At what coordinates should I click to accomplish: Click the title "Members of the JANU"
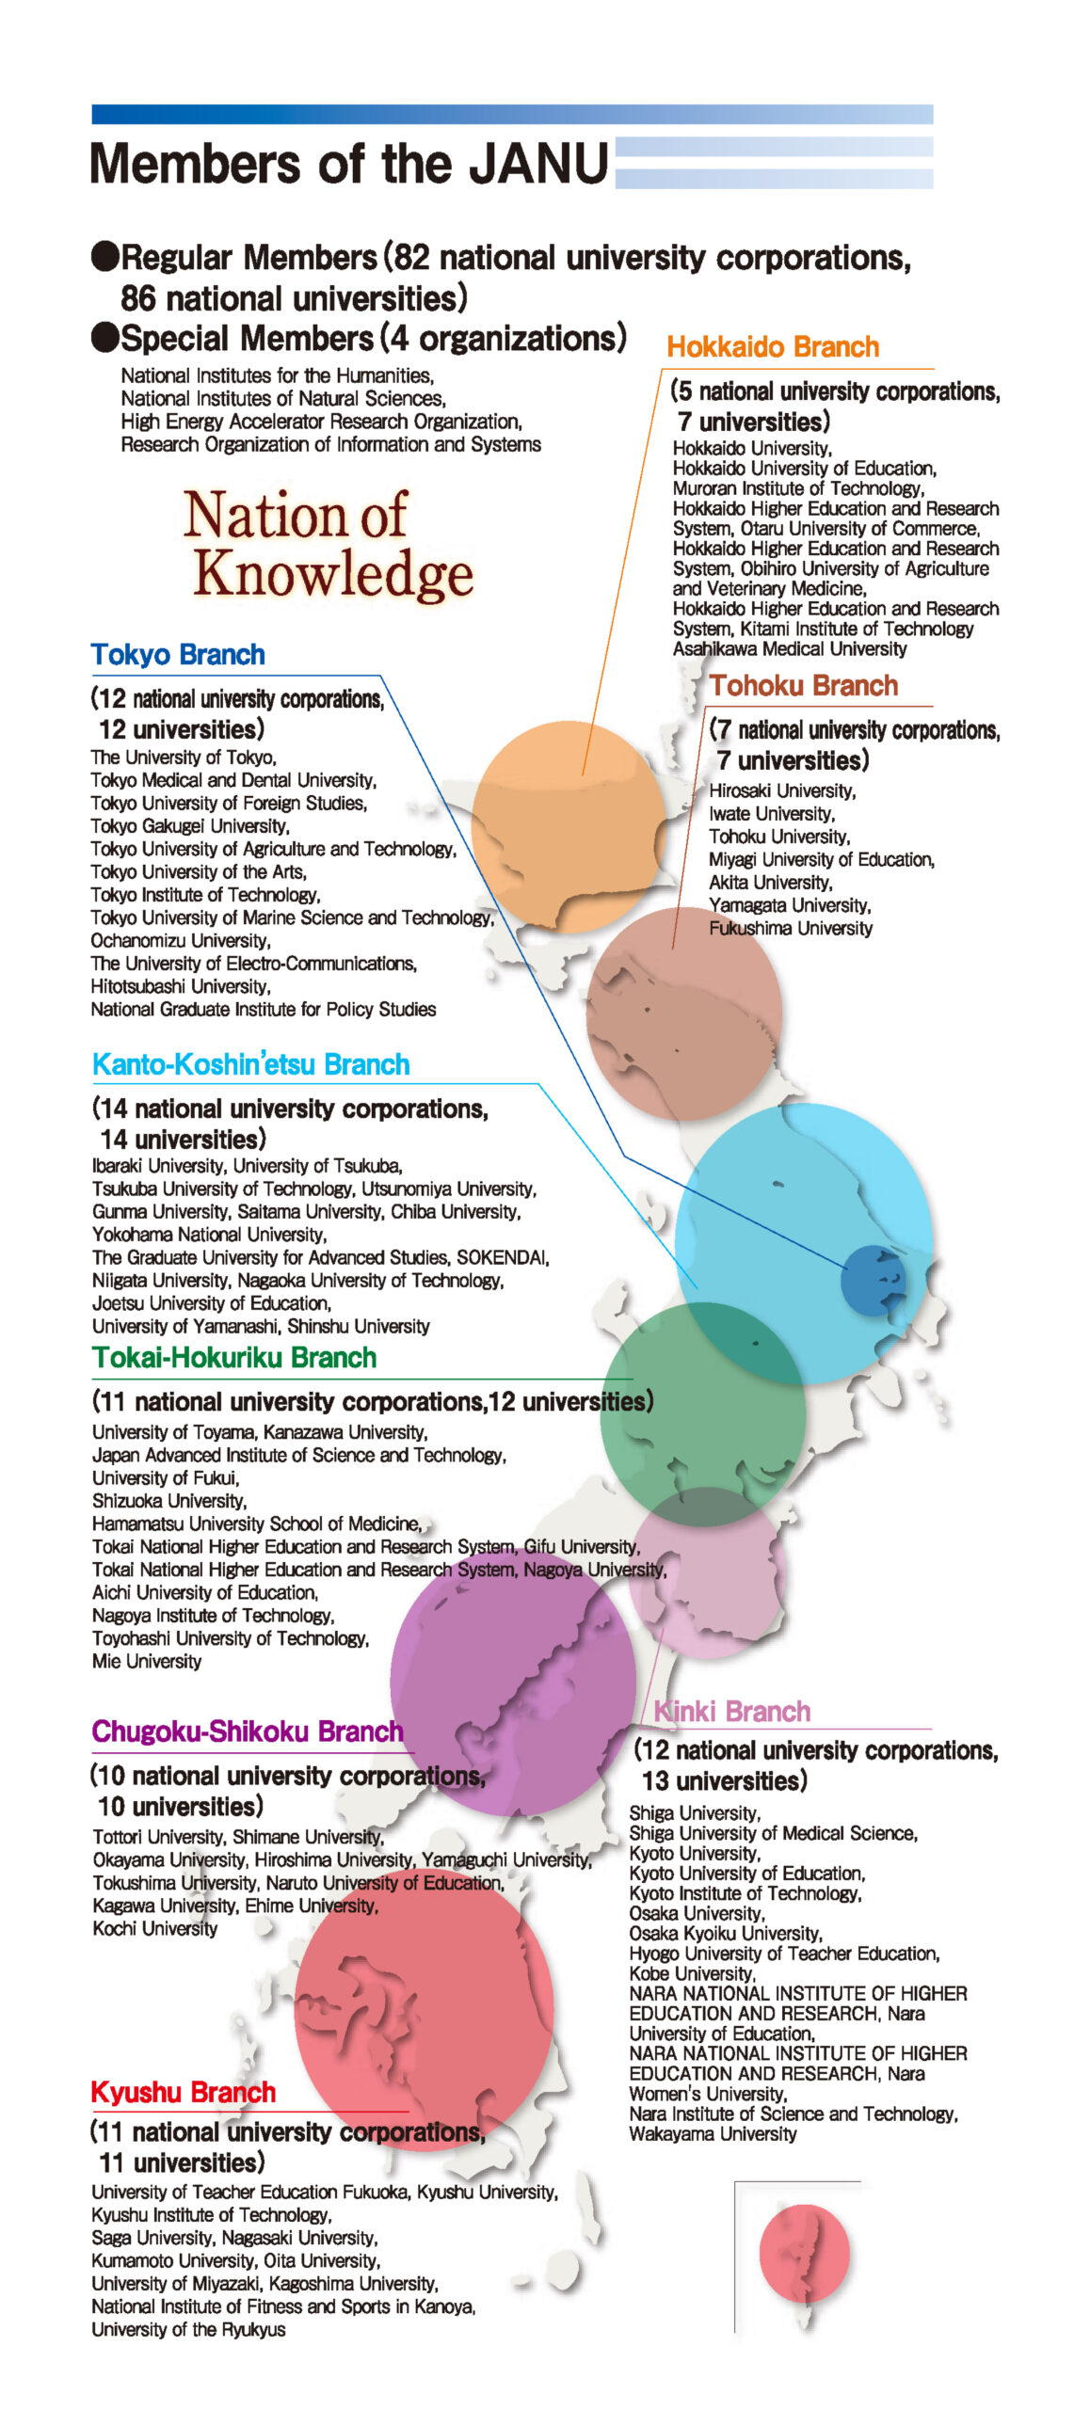(349, 164)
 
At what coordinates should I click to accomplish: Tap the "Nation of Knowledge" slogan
(328, 544)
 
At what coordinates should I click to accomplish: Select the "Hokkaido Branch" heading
(773, 347)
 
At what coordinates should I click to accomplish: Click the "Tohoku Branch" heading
(804, 686)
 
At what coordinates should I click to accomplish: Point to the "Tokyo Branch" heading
(178, 655)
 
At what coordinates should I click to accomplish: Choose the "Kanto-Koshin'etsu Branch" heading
(251, 1065)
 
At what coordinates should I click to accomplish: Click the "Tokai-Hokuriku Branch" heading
(234, 1358)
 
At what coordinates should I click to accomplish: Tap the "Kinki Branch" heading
(731, 1712)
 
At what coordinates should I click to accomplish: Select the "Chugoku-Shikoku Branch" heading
(248, 1731)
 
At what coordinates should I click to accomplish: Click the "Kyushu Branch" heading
(184, 2092)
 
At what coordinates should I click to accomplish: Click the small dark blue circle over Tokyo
(873, 1280)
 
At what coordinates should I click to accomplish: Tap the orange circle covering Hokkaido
(569, 826)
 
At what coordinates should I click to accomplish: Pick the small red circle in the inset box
(805, 2254)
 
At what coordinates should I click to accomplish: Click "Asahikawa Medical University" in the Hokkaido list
(790, 649)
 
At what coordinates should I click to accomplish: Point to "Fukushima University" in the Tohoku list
(791, 929)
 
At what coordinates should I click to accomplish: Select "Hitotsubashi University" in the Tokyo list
(181, 987)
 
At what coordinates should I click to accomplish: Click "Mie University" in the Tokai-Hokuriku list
(147, 1662)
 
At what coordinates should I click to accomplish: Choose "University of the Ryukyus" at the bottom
(188, 2330)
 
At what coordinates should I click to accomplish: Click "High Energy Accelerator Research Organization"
(321, 422)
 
